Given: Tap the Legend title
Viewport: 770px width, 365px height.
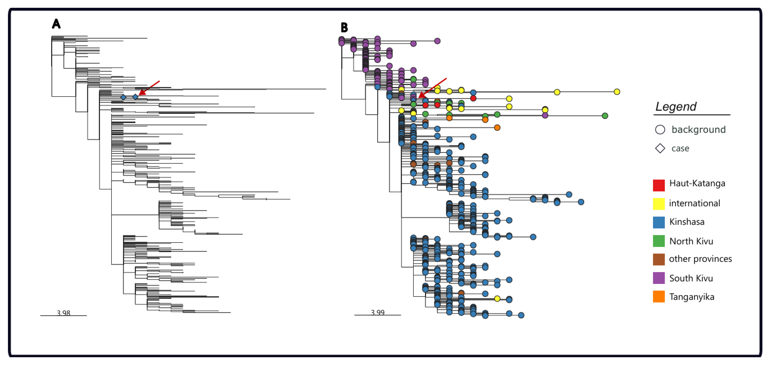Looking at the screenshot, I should pyautogui.click(x=676, y=106).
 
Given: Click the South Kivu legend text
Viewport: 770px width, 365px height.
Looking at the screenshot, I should pyautogui.click(x=691, y=278).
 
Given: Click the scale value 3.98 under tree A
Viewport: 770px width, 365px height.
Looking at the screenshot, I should pyautogui.click(x=63, y=313).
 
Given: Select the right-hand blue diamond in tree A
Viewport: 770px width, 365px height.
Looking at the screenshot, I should pyautogui.click(x=135, y=97).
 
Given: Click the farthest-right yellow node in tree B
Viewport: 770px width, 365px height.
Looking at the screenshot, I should pyautogui.click(x=617, y=92).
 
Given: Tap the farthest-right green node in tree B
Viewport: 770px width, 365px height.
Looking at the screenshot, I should pyautogui.click(x=605, y=116).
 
